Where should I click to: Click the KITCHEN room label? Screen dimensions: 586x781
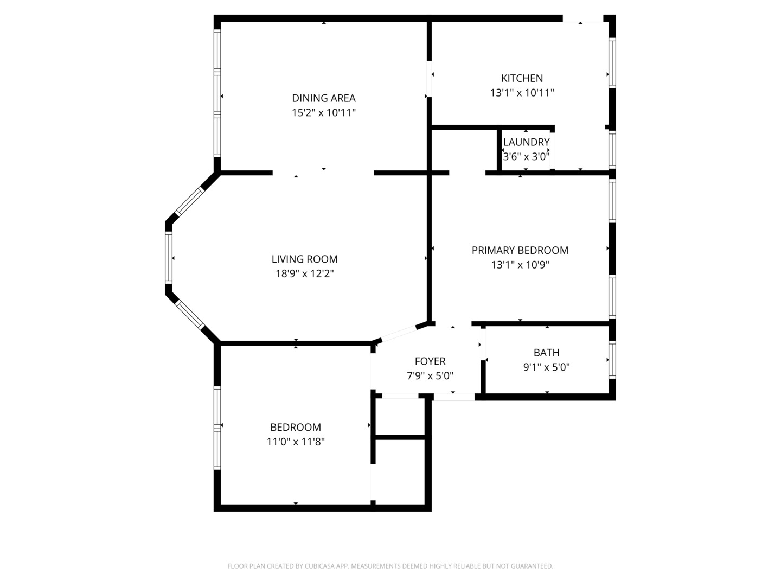tap(522, 78)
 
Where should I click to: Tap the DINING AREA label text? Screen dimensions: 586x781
tap(324, 98)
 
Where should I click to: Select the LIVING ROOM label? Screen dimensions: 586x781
tap(304, 259)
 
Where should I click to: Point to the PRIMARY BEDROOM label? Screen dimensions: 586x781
tap(520, 250)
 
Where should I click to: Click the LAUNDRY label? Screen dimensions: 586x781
tap(526, 142)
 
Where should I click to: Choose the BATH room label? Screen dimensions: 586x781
tap(546, 353)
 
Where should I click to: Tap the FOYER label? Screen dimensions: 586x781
tap(430, 361)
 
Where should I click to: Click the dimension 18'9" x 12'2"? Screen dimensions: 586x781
tap(304, 274)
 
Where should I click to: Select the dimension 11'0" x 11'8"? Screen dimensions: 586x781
tap(296, 442)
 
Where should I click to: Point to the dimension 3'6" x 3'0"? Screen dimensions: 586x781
tap(526, 157)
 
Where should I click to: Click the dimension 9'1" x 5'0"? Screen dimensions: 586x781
tap(546, 367)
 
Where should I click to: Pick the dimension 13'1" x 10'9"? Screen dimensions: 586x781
tap(520, 265)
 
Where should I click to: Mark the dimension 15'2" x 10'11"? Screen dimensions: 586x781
tap(324, 113)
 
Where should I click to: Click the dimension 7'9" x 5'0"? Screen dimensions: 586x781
tap(430, 375)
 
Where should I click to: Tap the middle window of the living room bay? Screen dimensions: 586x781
tap(169, 258)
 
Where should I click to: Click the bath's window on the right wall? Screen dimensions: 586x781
tap(612, 359)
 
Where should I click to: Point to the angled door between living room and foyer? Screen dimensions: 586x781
tap(399, 333)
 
